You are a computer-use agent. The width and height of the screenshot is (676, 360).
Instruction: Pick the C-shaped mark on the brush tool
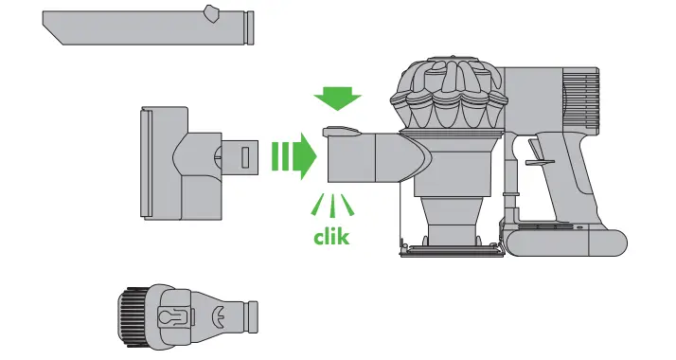pos(222,314)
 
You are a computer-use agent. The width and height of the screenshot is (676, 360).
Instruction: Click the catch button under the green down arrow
pos(338,132)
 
